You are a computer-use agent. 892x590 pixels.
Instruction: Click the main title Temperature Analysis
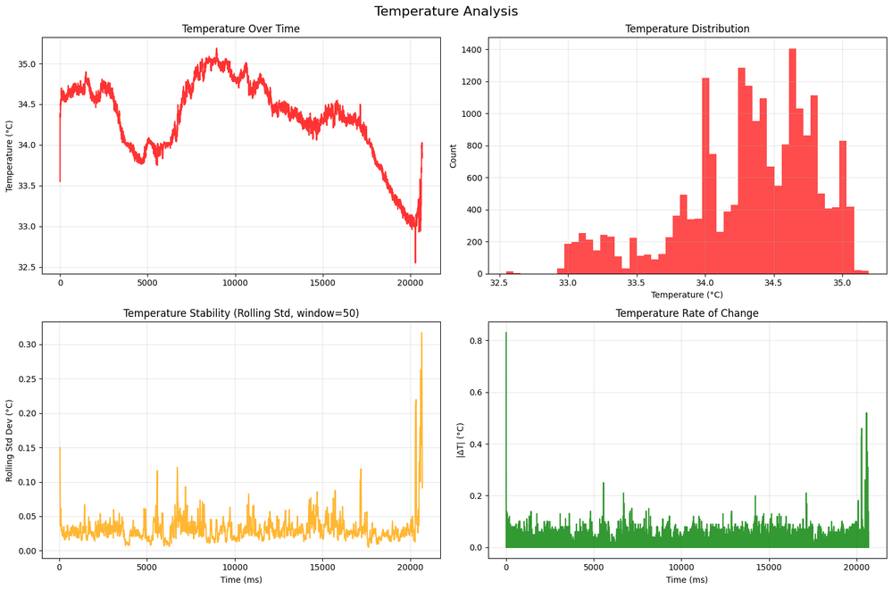(446, 12)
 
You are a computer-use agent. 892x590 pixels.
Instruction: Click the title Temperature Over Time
(241, 29)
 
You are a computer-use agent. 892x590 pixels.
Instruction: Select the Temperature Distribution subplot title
(687, 29)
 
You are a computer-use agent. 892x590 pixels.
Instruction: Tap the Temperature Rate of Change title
(687, 313)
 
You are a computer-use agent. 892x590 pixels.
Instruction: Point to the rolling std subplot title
(241, 313)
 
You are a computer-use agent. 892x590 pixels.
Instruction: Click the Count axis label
(453, 155)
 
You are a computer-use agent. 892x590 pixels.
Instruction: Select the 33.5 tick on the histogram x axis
(636, 282)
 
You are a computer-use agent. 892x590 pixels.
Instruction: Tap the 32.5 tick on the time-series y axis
(24, 268)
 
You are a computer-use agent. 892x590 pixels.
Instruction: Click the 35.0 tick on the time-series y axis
(24, 64)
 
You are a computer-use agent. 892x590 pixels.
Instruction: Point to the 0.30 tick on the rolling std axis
(24, 345)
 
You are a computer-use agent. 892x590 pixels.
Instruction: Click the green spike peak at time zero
(506, 333)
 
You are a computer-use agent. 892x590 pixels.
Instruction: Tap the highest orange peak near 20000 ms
(421, 333)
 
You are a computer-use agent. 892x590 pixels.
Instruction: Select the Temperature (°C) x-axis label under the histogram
(687, 295)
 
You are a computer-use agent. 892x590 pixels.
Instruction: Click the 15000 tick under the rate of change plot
(769, 567)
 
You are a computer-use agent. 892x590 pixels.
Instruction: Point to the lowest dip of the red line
(415, 262)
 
